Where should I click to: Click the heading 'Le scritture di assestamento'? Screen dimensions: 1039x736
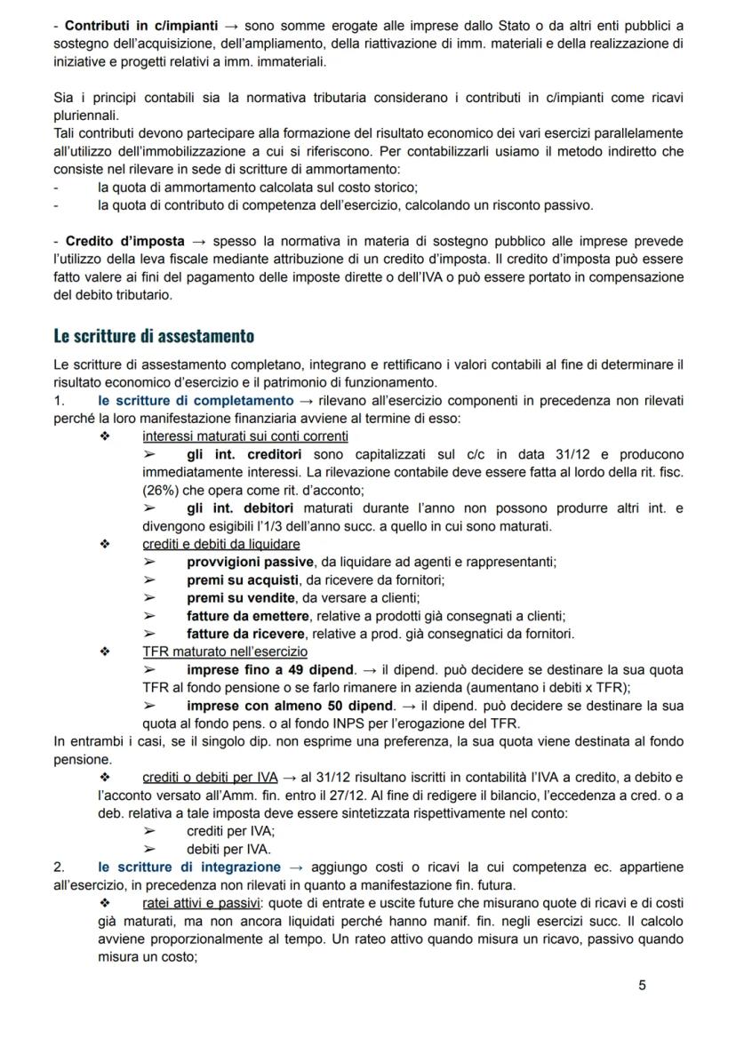(x=153, y=336)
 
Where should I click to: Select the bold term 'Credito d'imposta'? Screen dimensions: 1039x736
(x=125, y=241)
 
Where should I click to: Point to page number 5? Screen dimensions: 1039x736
(x=643, y=985)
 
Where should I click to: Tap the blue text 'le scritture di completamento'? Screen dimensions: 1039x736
(x=196, y=401)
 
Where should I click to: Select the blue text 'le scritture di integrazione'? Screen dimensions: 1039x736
(x=189, y=867)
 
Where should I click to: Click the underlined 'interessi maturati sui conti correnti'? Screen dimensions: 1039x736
(x=244, y=436)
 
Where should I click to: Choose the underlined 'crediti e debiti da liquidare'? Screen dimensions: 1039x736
(x=220, y=543)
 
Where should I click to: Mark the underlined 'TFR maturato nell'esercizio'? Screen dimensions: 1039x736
(x=225, y=651)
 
